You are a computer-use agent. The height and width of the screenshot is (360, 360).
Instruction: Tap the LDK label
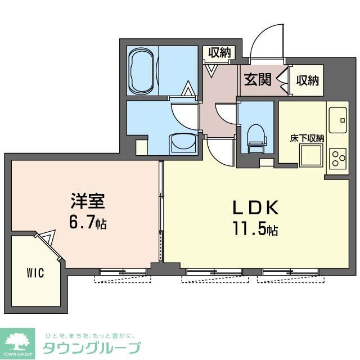pos(256,208)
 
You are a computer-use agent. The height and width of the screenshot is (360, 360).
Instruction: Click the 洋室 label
pos(86,201)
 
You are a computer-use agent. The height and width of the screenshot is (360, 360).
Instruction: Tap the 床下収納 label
pos(307,137)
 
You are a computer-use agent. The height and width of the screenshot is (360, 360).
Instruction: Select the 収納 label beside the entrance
pos(307,80)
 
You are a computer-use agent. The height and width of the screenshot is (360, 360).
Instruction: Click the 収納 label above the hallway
pos(219,53)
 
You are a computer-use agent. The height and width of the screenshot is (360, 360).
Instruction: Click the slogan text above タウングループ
pos(90,334)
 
